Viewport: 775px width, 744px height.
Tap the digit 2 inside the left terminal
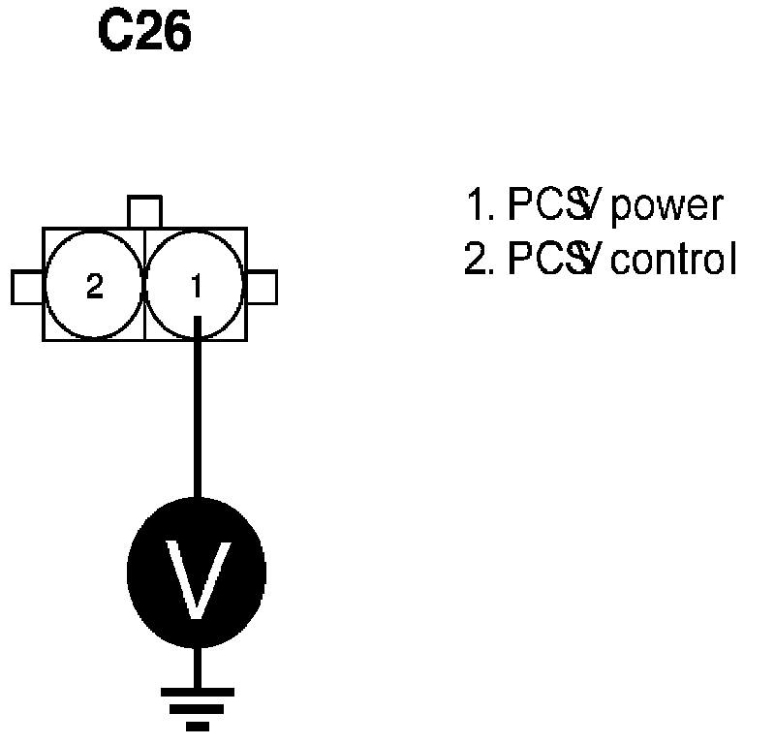tap(94, 287)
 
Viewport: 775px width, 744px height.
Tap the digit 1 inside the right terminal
tap(197, 287)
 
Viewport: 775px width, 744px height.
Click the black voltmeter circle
tap(197, 572)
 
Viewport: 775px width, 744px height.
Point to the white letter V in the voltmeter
tap(197, 579)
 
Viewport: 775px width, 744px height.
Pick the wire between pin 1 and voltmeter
tap(198, 417)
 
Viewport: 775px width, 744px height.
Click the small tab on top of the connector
tap(144, 212)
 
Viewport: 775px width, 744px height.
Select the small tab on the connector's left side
tap(26, 287)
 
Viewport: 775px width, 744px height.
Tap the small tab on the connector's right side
tap(262, 287)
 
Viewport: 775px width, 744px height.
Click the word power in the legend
tap(668, 206)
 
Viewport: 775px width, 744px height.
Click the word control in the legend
tap(675, 261)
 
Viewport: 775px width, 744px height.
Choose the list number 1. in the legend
tap(479, 206)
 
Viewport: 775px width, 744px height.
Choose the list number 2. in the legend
tap(479, 261)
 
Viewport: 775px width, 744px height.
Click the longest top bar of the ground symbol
tap(198, 692)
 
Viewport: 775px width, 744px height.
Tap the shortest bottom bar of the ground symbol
tap(198, 725)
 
